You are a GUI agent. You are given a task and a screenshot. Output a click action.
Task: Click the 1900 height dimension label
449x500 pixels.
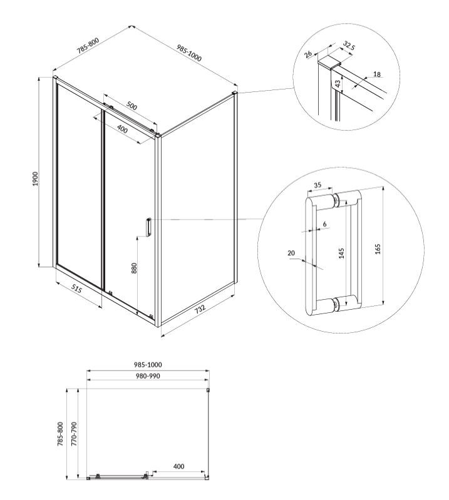35,178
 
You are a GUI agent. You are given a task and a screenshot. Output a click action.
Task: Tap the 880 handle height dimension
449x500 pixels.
134,268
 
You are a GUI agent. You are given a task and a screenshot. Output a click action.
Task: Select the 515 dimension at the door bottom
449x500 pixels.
76,290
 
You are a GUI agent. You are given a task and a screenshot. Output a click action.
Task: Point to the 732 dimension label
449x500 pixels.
200,309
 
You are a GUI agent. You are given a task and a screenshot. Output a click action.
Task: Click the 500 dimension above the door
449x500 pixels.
132,106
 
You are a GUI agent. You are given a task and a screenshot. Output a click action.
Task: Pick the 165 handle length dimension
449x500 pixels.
378,248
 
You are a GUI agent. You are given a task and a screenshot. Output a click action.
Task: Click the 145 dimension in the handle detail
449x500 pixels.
341,253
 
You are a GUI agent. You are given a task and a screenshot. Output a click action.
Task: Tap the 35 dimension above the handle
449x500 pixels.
317,185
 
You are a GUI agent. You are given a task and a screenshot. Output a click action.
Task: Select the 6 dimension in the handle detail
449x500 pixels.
324,224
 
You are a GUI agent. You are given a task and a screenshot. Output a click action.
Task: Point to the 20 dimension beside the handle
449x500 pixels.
291,253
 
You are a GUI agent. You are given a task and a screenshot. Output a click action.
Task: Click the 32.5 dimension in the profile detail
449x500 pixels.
349,46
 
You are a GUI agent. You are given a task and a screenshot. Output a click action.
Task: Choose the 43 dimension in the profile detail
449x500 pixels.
338,84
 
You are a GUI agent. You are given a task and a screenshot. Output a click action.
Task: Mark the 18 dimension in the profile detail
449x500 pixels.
377,74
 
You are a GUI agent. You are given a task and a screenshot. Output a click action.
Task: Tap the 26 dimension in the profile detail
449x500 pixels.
308,54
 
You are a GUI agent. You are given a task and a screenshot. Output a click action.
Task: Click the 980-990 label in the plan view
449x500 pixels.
147,376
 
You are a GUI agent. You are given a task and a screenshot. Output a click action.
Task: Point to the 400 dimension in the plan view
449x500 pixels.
178,466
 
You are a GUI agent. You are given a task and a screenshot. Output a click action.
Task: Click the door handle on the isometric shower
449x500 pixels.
148,227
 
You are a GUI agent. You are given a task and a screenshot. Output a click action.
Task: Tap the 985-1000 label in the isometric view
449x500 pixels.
189,53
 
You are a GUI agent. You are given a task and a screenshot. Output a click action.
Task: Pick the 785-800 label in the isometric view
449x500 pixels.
88,45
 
